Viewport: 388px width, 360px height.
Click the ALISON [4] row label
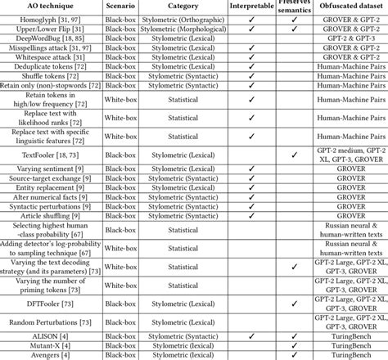(x=50, y=335)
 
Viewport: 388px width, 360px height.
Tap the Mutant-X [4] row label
(x=50, y=345)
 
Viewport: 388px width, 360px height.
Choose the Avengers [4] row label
(x=50, y=355)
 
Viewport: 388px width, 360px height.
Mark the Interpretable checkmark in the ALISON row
(x=254, y=335)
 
